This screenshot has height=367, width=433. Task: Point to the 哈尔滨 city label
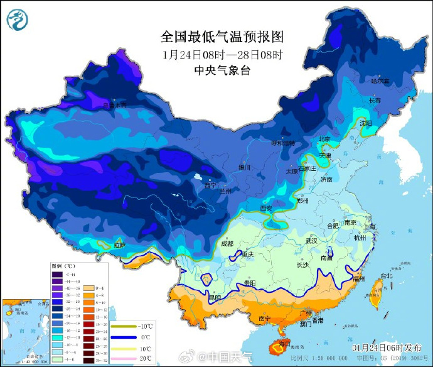coord(380,81)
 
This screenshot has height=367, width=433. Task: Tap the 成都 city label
coord(227,243)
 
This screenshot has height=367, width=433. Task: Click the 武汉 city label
coord(311,241)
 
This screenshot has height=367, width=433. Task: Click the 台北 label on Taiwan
coord(385,275)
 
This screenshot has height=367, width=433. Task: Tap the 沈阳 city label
coord(366,122)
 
